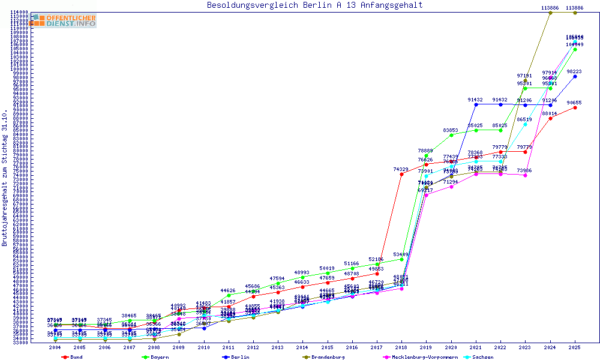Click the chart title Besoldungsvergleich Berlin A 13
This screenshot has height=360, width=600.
tap(314, 5)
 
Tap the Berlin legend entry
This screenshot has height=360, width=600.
tap(235, 357)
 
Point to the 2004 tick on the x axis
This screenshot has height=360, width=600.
tap(55, 347)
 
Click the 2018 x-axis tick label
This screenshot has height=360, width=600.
tap(401, 347)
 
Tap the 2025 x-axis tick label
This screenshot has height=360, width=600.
tap(575, 347)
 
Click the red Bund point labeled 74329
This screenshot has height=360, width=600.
tap(401, 175)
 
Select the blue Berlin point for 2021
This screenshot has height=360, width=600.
tap(476, 104)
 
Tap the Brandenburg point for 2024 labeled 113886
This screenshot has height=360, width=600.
tap(550, 13)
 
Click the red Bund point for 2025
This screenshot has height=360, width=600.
tap(575, 108)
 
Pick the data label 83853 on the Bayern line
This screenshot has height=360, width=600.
tap(451, 130)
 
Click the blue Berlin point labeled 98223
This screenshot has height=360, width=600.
tap(575, 77)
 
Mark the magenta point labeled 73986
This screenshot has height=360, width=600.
tap(525, 175)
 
